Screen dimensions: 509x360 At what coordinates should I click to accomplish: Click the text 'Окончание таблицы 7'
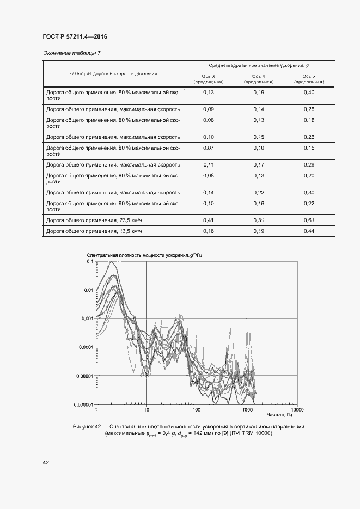[x=71, y=53]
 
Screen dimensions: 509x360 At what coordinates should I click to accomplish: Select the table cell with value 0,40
[x=308, y=93]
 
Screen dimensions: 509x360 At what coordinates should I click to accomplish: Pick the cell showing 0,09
[x=209, y=109]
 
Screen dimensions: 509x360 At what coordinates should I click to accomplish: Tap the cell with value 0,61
[x=308, y=220]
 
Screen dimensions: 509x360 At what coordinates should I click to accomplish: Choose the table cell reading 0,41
[x=209, y=220]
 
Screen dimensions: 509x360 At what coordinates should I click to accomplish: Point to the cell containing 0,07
[x=209, y=148]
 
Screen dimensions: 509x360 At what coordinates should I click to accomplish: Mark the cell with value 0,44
[x=308, y=231]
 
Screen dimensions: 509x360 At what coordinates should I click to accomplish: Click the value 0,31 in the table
[x=258, y=220]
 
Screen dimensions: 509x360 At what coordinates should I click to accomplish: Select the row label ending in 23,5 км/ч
[x=94, y=220]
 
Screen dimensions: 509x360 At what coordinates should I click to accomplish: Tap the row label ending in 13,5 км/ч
[x=94, y=231]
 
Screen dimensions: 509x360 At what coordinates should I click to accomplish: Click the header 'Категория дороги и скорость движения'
[x=113, y=73]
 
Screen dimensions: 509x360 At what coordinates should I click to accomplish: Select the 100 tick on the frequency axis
[x=197, y=409]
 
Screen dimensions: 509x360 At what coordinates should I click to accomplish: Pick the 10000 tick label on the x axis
[x=297, y=409]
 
